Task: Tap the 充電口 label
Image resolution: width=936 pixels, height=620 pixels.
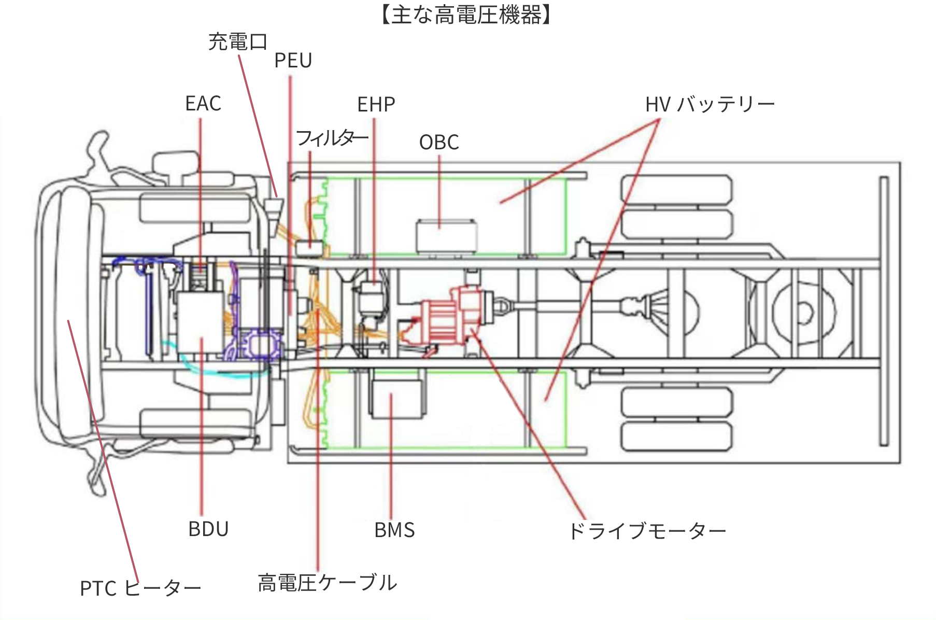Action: pyautogui.click(x=237, y=42)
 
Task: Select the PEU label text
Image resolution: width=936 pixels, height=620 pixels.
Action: pyautogui.click(x=293, y=61)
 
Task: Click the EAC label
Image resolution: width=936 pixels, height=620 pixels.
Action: pyautogui.click(x=203, y=104)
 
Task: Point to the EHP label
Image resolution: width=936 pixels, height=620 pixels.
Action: pyautogui.click(x=376, y=105)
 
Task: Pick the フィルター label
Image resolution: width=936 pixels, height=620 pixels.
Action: pyautogui.click(x=332, y=138)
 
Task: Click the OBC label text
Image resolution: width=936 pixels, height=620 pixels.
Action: pyautogui.click(x=439, y=143)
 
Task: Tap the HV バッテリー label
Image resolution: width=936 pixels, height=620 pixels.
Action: pyautogui.click(x=710, y=105)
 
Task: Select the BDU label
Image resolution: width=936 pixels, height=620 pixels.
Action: pyautogui.click(x=208, y=529)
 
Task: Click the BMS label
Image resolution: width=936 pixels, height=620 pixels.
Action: pyautogui.click(x=394, y=530)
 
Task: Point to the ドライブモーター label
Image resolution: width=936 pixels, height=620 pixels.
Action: pyautogui.click(x=647, y=531)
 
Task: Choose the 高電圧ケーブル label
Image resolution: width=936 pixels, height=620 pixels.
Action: pyautogui.click(x=327, y=583)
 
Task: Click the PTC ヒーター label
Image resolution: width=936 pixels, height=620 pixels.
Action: pyautogui.click(x=140, y=588)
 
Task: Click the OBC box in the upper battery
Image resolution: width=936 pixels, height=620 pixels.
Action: pyautogui.click(x=446, y=236)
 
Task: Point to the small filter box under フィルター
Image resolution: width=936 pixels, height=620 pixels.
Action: pyautogui.click(x=310, y=248)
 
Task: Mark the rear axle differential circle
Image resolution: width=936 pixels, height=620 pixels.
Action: pyautogui.click(x=804, y=312)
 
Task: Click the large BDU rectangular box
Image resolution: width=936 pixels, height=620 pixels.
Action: pyautogui.click(x=201, y=321)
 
